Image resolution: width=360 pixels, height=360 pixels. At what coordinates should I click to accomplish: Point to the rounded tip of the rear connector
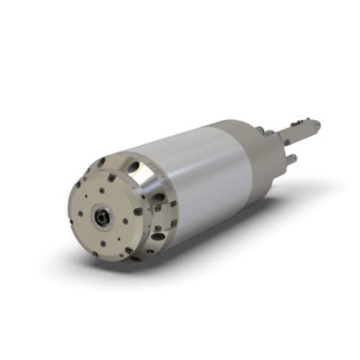316,126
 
